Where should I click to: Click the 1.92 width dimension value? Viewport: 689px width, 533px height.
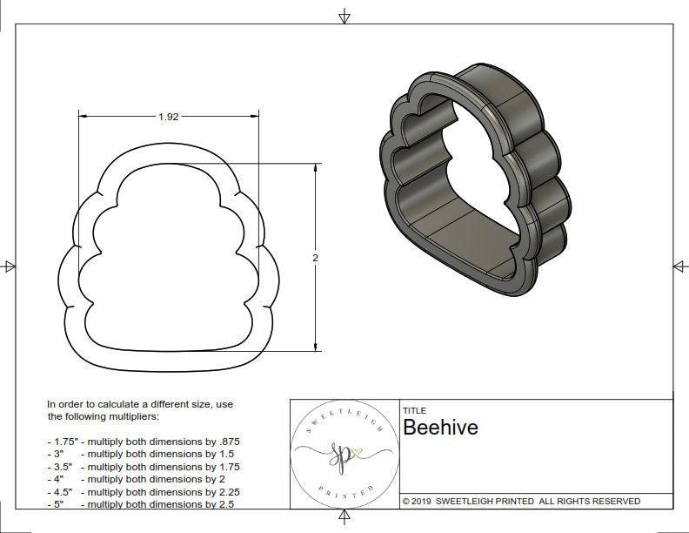tap(169, 118)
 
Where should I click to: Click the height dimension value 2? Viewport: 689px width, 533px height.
tap(315, 258)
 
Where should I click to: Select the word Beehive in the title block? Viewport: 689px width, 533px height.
tap(439, 428)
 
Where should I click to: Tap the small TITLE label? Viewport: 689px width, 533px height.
tap(414, 410)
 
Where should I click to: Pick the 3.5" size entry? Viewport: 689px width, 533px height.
tap(62, 466)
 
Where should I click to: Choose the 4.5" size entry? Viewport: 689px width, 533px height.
tap(62, 491)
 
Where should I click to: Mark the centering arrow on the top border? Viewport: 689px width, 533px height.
tap(344, 15)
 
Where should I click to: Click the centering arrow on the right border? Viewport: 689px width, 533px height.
tap(679, 266)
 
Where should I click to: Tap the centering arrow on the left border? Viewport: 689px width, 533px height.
tap(9, 266)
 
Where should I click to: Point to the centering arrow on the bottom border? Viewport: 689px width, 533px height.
tap(344, 519)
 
